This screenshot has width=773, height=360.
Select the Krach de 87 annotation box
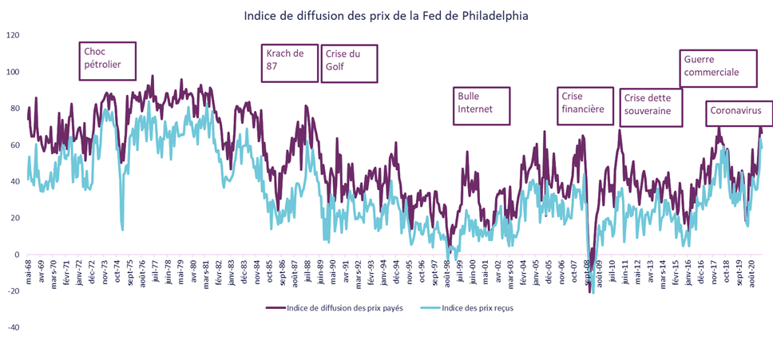[x=290, y=62]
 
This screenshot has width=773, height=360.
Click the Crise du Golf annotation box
[x=349, y=64]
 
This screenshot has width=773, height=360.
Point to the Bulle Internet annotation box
[x=481, y=105]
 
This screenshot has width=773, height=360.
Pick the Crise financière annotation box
[x=585, y=105]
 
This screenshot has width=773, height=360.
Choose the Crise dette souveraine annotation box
[x=650, y=107]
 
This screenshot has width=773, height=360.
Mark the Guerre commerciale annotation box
[x=718, y=69]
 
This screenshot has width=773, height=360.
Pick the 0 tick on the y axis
[x=16, y=255]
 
